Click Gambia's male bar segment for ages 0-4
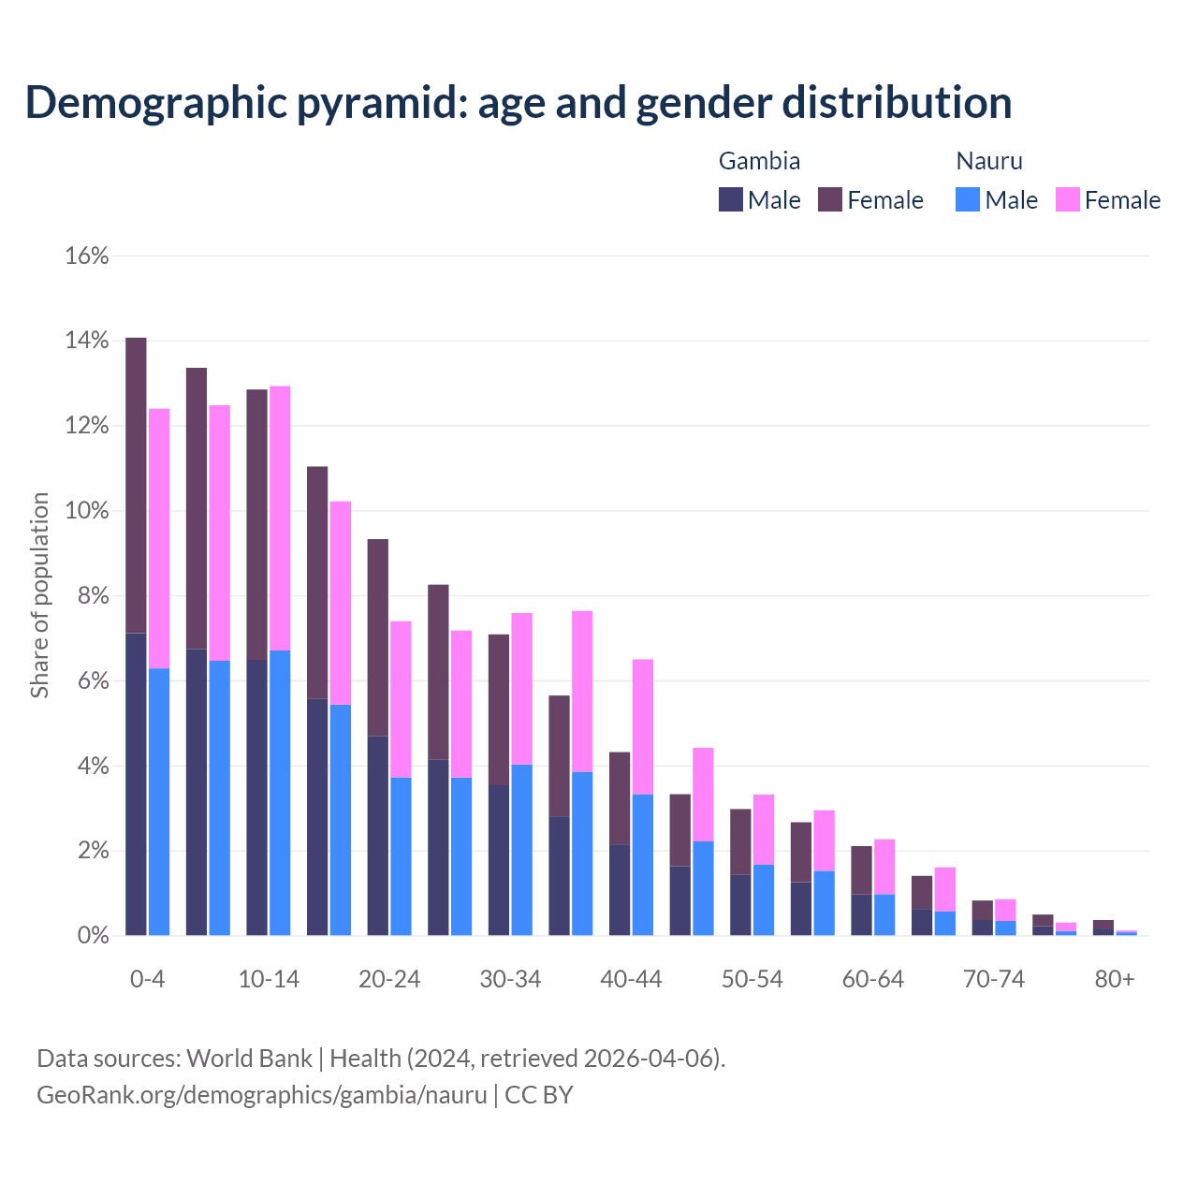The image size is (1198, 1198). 136,784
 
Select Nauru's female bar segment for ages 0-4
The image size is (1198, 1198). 159,538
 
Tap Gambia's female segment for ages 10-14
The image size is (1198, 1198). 256,524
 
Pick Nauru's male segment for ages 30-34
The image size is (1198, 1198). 522,850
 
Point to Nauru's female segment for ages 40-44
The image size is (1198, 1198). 643,726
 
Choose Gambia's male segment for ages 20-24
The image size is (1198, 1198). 377,835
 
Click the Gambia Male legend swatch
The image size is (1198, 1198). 731,199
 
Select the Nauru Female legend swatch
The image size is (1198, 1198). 1068,199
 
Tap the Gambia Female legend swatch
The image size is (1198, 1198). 830,199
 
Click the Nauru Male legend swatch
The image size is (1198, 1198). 968,199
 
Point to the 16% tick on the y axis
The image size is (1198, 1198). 87,256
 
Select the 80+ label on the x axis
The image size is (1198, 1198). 1115,979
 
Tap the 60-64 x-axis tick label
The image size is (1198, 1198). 873,979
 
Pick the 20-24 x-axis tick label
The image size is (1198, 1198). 389,979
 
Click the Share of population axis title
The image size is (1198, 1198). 40,595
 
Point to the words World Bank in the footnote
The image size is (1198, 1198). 249,1059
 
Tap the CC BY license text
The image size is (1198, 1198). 539,1095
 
